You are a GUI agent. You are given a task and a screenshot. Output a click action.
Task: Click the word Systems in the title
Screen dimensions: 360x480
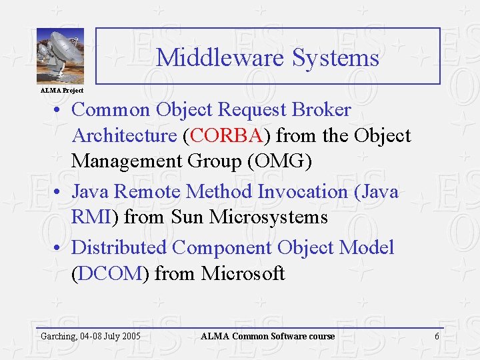coord(335,58)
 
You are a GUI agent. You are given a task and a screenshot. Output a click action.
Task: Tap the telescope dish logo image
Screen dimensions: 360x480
coord(60,56)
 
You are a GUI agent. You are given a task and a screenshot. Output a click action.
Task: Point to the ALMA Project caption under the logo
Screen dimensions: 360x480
coord(62,90)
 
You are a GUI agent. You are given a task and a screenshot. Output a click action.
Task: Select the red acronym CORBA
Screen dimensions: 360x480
coord(226,136)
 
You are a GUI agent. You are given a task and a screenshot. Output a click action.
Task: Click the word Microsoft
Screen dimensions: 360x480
coord(243,274)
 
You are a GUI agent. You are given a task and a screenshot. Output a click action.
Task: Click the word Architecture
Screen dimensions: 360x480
coord(124,136)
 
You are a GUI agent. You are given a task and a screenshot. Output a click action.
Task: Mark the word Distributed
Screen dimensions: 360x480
coord(119,248)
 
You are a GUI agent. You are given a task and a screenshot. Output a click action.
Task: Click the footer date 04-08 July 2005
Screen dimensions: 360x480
coord(110,336)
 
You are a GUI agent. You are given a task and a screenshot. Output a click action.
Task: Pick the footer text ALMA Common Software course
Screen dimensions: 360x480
coord(268,336)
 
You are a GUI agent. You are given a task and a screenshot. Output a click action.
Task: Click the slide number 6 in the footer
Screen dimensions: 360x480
coord(437,336)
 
